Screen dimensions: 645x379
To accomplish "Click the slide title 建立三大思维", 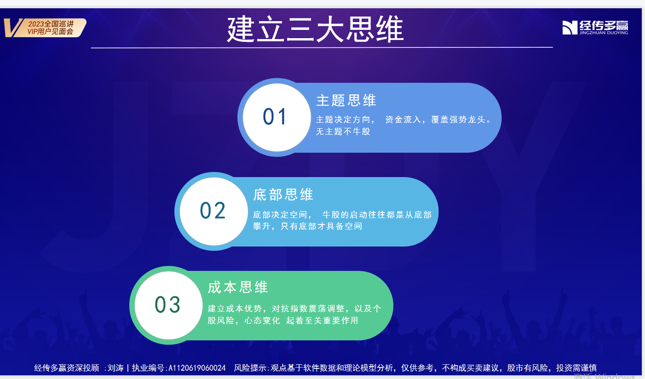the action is coord(315,29).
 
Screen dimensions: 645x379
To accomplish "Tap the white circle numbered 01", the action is coord(276,117).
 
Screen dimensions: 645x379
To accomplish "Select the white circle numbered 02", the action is coord(213,211).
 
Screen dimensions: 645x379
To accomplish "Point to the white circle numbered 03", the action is coord(169,305).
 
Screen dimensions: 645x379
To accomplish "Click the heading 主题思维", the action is coord(346,100).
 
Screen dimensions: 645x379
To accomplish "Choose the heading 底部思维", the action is coord(283,195).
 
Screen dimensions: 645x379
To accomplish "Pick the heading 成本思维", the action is coord(238,287).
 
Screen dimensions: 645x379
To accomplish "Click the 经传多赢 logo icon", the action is coord(570,28).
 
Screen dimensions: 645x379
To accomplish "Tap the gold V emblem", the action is coord(13,28).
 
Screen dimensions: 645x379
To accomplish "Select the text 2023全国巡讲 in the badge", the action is coord(51,24).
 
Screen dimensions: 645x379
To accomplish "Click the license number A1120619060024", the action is coord(197,368).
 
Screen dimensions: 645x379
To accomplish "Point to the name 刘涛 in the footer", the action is coord(115,368).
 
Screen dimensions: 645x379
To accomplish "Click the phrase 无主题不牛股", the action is coord(343,132).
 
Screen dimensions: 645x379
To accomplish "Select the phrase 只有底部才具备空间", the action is coord(321,226).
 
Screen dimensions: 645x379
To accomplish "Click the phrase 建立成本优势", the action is coord(235,309).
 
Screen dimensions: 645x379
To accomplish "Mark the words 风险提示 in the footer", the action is coord(250,368).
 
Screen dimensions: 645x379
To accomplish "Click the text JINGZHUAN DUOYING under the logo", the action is coord(604,33).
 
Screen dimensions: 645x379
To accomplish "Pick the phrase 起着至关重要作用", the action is coord(322,320).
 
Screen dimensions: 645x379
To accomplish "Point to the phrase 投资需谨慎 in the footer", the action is coord(576,368).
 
